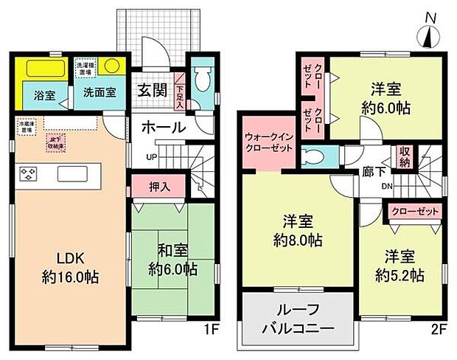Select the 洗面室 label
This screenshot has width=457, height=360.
pyautogui.click(x=97, y=95)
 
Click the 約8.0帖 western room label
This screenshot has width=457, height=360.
pyautogui.click(x=297, y=230)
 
